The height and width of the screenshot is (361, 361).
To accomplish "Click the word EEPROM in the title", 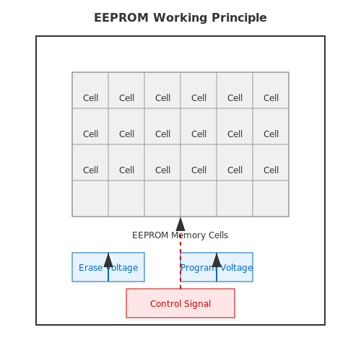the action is coord(121,18).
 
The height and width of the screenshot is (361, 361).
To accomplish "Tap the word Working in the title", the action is coord(180,18).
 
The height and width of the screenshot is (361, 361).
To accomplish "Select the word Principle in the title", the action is coord(239,18).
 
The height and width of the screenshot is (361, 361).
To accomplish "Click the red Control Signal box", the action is coord(180,303).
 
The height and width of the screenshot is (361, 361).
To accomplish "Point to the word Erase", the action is coord(91,268).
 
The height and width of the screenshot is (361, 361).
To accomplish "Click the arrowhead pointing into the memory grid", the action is coord(180,225).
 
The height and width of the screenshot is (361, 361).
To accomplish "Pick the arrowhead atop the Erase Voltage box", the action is coord(108,260).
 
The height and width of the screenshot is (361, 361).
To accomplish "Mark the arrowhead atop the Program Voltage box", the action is coord(217,260).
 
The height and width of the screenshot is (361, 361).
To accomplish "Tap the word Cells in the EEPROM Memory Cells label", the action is coord(218,235).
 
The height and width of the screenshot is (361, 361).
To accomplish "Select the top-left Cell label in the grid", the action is coord(90,98).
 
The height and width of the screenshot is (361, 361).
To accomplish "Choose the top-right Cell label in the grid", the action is coord(271,98).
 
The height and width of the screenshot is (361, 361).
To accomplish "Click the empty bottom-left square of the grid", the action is coord(90,199).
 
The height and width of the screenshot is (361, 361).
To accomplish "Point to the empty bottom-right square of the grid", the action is coord(271,199).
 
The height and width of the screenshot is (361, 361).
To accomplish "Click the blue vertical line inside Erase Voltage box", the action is coord(108,274).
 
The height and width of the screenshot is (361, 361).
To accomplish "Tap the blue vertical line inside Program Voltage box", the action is coord(217,274).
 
